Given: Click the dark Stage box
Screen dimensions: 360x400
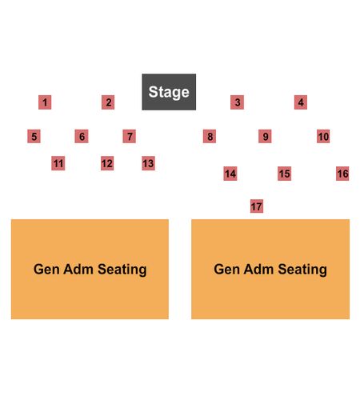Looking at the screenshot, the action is [169, 92].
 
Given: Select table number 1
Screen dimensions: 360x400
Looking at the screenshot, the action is [45, 102].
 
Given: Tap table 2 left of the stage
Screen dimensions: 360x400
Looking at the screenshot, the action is [108, 102].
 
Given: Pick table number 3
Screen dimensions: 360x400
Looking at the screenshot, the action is [237, 102].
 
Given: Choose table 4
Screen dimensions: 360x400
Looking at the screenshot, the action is [301, 102].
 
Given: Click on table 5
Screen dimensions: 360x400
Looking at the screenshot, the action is [34, 136].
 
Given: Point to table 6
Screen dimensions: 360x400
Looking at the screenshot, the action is [82, 136].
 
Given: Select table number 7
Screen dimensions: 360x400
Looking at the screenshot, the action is [130, 136].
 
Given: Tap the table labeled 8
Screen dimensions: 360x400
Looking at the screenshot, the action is [210, 136].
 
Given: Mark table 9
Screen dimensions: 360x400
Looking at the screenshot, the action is [265, 136].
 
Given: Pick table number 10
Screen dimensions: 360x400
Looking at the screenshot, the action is [323, 136].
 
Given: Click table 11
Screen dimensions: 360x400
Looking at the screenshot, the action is [58, 163].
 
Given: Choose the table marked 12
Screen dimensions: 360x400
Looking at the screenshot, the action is [107, 163].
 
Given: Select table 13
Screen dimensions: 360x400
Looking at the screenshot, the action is [148, 163].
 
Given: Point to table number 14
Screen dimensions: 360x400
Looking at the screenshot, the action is [230, 174].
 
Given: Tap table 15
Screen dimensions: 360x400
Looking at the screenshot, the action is [284, 174].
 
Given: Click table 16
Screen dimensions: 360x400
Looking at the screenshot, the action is [342, 174].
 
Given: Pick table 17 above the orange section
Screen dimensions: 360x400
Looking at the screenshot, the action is [257, 206].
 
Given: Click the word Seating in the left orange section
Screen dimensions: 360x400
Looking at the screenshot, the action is [122, 270].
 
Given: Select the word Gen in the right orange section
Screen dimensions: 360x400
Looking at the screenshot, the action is [226, 269].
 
